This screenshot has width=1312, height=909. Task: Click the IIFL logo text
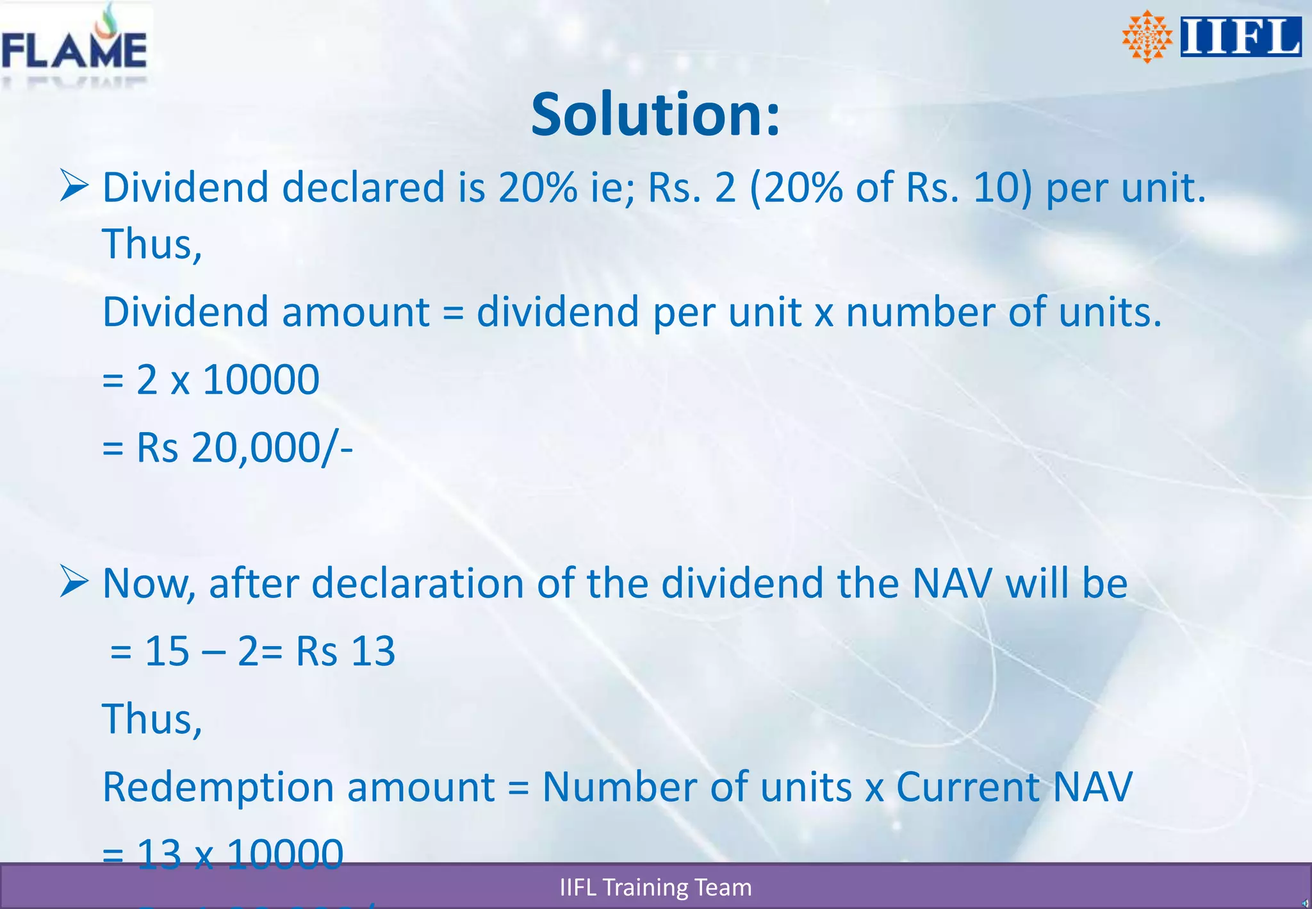tap(1240, 37)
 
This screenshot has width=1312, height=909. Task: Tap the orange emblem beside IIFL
tap(1147, 37)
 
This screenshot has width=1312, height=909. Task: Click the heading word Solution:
tap(655, 115)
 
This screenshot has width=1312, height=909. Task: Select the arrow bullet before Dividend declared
tap(74, 186)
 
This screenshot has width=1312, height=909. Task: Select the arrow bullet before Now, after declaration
tap(74, 581)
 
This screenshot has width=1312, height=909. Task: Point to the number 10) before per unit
tap(1003, 188)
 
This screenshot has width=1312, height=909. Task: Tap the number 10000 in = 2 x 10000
tap(261, 379)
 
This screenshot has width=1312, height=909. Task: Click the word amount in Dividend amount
tap(356, 313)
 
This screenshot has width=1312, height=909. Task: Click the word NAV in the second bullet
tap(951, 584)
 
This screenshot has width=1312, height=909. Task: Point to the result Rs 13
tap(345, 652)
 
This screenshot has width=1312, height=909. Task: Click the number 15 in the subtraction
tap(167, 652)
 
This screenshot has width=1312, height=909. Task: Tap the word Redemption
tap(217, 788)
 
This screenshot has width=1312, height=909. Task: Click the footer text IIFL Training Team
tap(655, 888)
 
